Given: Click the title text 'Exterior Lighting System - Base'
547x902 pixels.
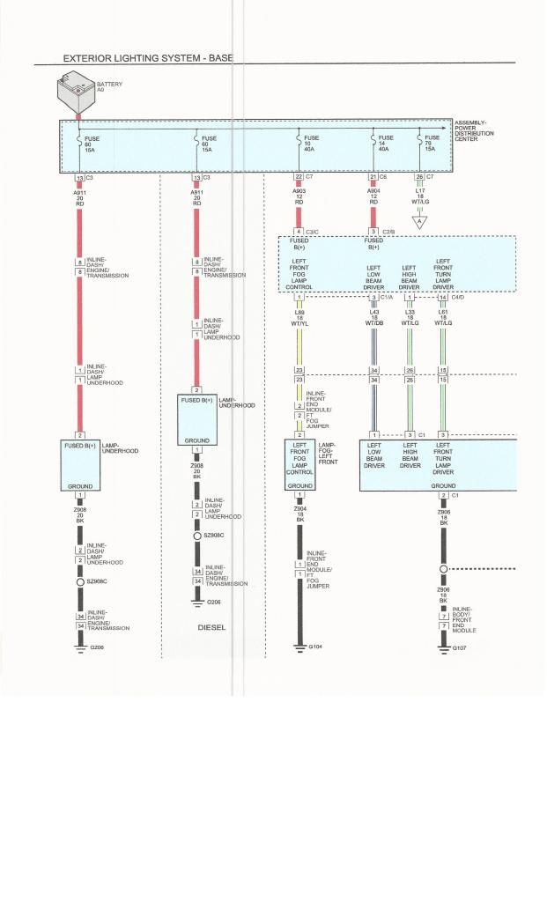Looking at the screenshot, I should (x=148, y=58).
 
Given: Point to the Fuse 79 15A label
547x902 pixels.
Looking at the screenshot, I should (x=432, y=144).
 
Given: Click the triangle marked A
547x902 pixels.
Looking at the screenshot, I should (x=420, y=223).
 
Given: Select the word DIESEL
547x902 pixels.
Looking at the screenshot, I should (x=212, y=628).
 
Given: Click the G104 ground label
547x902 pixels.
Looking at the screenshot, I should (x=315, y=647).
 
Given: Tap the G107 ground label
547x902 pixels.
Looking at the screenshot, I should (x=459, y=647).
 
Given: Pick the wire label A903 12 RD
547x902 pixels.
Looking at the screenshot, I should (x=299, y=196).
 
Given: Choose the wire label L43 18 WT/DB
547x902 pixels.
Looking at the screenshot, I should (x=373, y=317).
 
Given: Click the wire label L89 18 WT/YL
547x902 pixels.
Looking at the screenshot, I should (x=300, y=317).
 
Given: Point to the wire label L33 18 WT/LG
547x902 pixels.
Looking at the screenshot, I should (x=410, y=317).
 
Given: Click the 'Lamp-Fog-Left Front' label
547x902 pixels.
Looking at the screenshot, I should (x=328, y=453).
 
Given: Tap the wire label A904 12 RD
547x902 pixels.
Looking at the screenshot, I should (x=373, y=196).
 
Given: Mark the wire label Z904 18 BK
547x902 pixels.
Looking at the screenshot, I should (x=300, y=514).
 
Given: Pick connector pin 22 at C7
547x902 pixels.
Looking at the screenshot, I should (x=299, y=177).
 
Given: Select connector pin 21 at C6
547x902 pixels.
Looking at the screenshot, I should (x=373, y=177).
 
